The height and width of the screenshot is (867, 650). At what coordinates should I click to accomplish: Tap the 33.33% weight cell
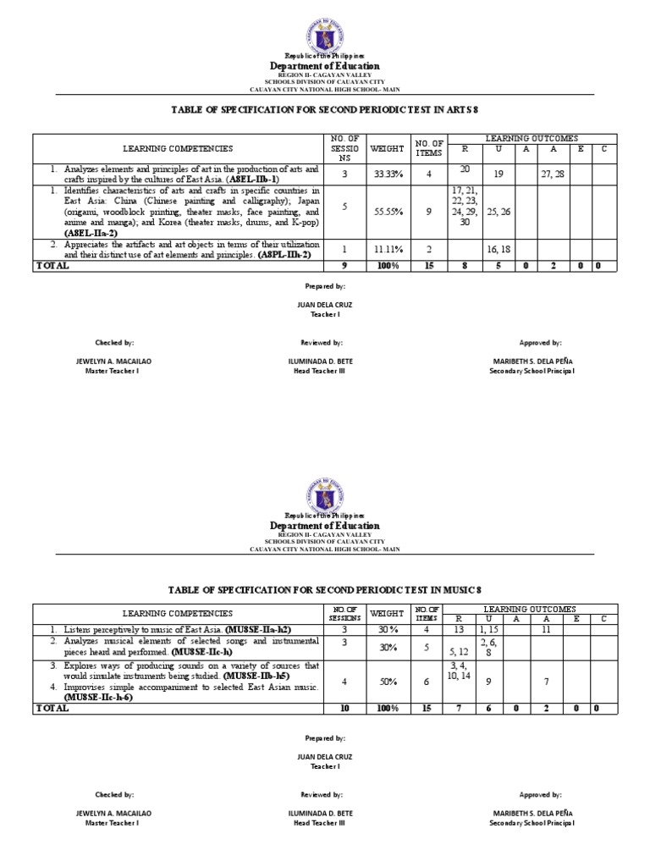(380, 174)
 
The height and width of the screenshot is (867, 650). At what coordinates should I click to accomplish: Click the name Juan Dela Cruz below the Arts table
(325, 304)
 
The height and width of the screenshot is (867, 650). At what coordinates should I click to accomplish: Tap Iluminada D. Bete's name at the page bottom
(321, 811)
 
